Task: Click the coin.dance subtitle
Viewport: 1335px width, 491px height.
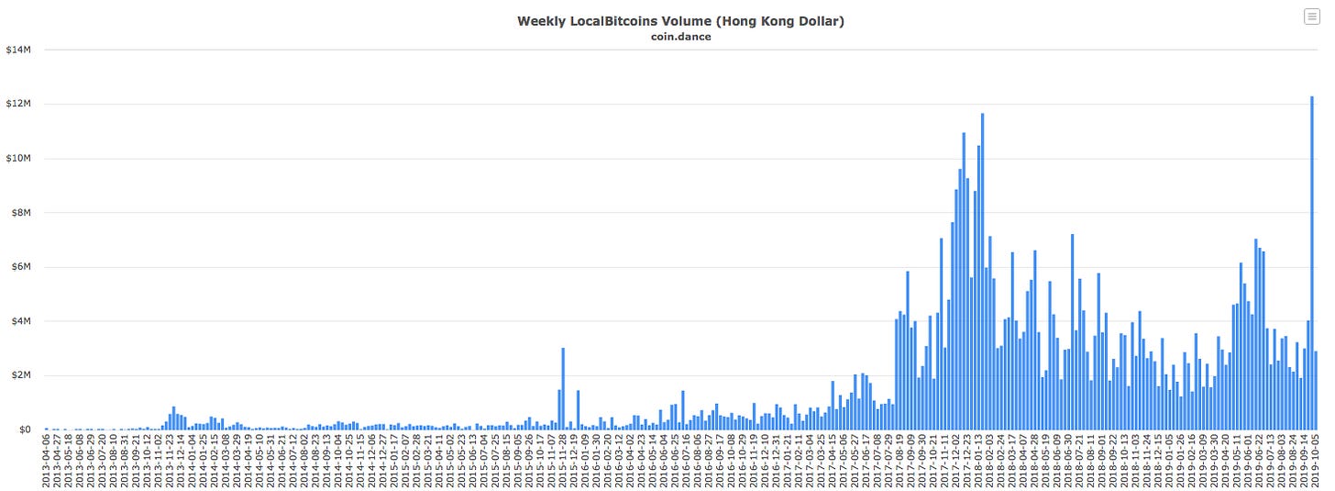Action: coord(679,37)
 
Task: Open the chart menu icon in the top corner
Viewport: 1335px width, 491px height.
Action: coord(1311,17)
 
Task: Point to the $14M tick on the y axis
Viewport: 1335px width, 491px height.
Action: coord(18,50)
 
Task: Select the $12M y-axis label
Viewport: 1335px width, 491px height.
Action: coord(18,104)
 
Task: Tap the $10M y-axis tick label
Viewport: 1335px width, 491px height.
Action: coord(18,158)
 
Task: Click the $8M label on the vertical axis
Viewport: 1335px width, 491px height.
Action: coord(20,212)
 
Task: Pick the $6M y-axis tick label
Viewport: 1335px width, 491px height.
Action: coord(20,266)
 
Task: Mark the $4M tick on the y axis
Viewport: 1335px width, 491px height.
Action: coord(20,320)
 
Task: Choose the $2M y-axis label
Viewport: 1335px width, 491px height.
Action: coord(20,374)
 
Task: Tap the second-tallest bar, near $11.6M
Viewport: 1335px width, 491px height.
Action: coord(982,275)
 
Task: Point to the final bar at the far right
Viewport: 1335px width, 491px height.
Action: coord(1316,391)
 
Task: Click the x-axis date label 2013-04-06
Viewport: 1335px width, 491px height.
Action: coord(47,461)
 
